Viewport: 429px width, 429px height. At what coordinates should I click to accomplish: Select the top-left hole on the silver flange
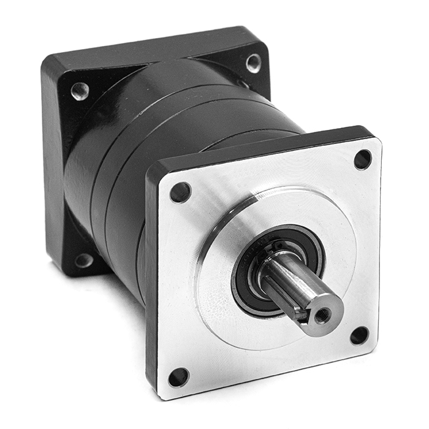(180, 192)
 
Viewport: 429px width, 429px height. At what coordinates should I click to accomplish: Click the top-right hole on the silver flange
(363, 159)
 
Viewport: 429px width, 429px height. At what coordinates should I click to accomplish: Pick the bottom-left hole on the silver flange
(178, 377)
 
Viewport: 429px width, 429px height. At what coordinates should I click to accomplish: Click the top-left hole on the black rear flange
(80, 91)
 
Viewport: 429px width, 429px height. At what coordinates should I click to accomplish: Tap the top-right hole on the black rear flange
(253, 63)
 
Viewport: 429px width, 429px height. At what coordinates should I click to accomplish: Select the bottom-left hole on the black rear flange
(83, 260)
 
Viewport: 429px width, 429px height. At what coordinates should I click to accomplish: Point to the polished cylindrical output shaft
(294, 288)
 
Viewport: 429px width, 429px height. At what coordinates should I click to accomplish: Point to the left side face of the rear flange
(52, 172)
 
